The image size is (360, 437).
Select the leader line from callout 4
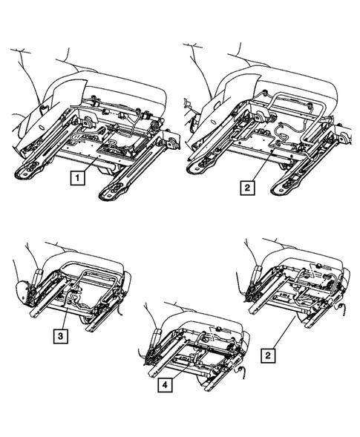(x=174, y=371)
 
